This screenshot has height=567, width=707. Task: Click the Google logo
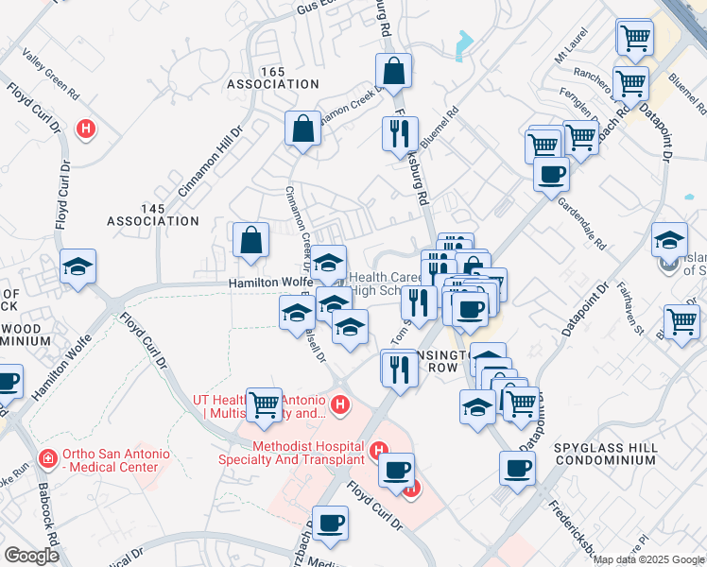(31, 556)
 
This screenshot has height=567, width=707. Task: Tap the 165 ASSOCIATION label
(273, 77)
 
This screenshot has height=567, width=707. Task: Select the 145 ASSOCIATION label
(153, 215)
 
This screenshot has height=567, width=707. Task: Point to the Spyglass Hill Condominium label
(606, 452)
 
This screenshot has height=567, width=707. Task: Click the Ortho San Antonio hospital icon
(45, 459)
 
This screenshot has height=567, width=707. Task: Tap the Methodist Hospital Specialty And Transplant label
(308, 453)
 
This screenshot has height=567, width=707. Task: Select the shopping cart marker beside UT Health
(264, 404)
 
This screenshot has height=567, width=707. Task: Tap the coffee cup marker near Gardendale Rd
(551, 174)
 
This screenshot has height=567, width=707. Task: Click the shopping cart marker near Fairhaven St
(681, 321)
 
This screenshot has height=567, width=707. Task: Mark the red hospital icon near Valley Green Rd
(86, 128)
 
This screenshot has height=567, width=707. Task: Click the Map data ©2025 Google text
(648, 559)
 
